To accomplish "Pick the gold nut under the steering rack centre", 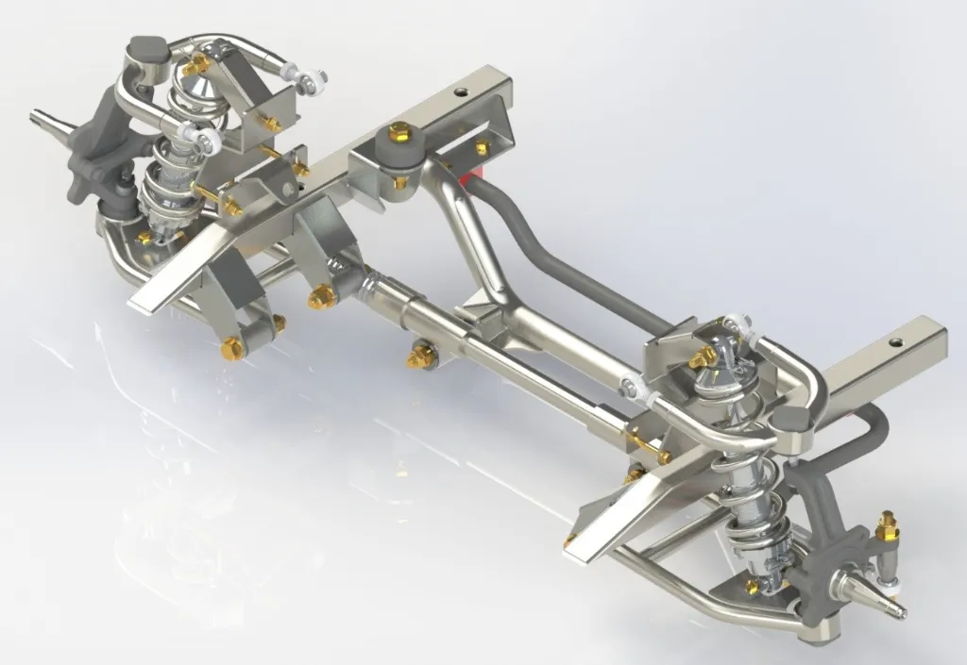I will (x=416, y=358).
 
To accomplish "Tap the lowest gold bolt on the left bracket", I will (x=230, y=351).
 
